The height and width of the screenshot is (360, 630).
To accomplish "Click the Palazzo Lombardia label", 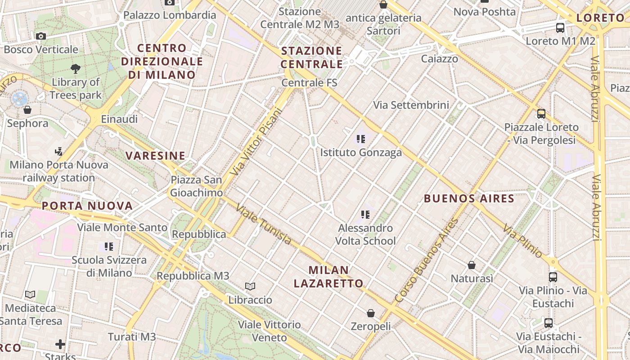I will coord(170,15).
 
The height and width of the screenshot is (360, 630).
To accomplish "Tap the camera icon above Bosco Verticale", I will coord(41,36).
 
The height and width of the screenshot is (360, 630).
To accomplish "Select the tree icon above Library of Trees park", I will coord(76,68).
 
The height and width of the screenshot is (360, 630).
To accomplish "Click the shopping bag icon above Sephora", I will coord(27,109).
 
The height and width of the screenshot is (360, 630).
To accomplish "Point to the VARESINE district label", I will coord(155,156).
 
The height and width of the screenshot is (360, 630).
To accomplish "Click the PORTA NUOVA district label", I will coord(87,206).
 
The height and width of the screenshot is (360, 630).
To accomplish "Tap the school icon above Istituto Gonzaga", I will coord(360,139).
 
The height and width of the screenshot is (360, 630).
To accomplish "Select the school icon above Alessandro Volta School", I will coord(365,214).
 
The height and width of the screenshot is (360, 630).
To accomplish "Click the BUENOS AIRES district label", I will coord(469,198).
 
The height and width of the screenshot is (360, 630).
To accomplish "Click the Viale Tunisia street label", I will coord(264,225).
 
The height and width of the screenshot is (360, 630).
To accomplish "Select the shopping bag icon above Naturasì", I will coord(472,265).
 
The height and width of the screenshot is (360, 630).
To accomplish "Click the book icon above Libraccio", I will coord(250,286).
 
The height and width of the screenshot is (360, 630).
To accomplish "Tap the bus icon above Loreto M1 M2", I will coord(560,27).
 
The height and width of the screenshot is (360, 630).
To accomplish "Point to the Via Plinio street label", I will coord(523,241).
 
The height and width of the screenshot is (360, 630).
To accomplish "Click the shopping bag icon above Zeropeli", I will coord(371,313).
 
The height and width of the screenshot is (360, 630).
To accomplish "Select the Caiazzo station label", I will coord(440,58).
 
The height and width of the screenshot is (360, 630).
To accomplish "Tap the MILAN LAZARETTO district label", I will coord(328,277).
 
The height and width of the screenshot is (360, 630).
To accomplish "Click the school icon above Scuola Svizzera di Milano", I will coord(109,246).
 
